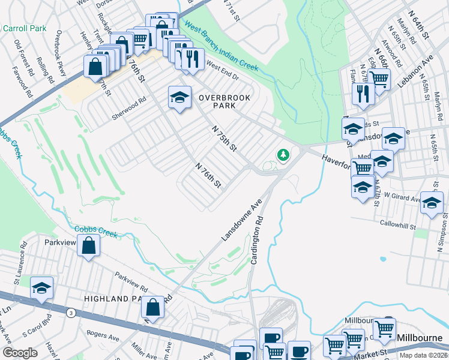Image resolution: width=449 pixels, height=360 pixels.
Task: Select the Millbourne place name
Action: pyautogui.click(x=420, y=338)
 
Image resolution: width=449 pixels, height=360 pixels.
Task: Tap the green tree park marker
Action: pyautogui.click(x=282, y=156)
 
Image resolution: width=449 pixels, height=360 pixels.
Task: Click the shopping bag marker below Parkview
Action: pyautogui.click(x=89, y=245)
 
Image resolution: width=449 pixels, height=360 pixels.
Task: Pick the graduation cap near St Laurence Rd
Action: pyautogui.click(x=41, y=288)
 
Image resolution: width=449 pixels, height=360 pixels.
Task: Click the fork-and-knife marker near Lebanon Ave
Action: pyautogui.click(x=363, y=93)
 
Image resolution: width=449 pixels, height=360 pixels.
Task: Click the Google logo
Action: pyautogui.click(x=20, y=353)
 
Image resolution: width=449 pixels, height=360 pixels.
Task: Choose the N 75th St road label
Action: pyautogui.click(x=226, y=138)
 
